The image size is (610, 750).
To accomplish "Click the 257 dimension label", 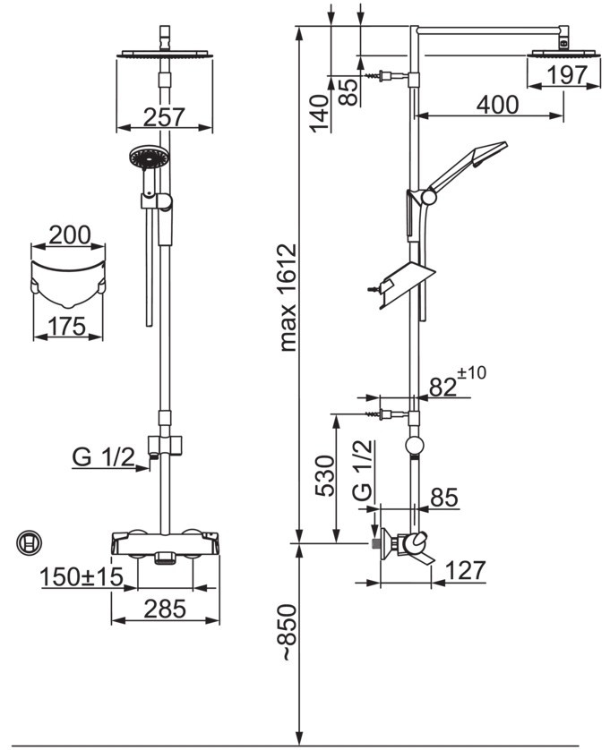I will (x=164, y=116).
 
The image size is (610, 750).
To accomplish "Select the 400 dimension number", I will (x=497, y=105).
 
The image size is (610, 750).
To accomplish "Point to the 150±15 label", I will (x=81, y=577).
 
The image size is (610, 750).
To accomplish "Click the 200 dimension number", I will (x=69, y=235).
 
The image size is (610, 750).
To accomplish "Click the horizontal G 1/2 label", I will (x=103, y=457).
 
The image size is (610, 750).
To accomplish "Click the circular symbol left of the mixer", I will (x=30, y=541).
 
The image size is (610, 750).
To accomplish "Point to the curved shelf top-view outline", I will (x=68, y=277).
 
